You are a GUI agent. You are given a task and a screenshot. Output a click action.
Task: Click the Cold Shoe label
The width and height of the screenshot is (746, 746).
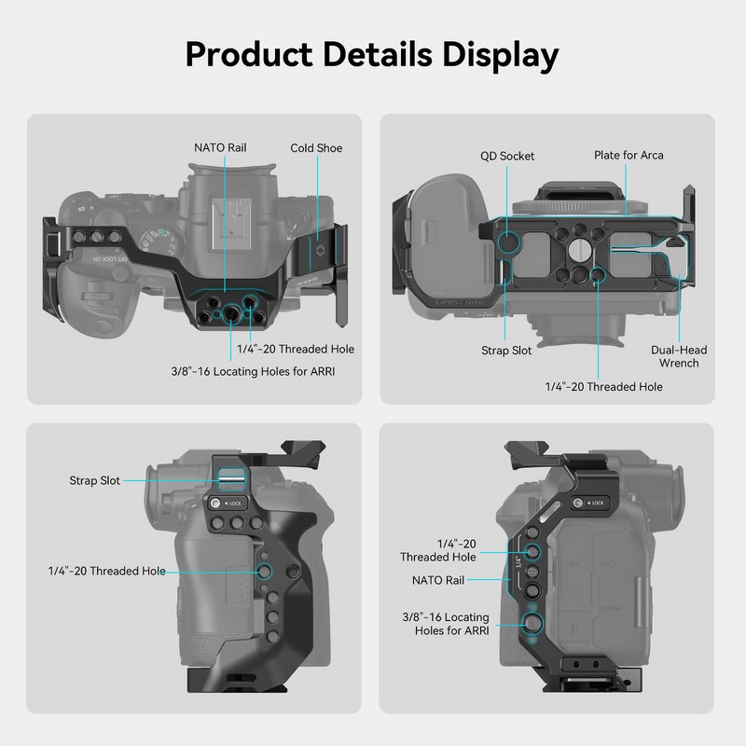[316, 148]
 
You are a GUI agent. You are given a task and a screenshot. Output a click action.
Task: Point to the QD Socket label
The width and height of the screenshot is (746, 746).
[507, 156]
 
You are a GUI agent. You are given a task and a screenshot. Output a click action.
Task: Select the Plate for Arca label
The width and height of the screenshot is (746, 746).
[629, 155]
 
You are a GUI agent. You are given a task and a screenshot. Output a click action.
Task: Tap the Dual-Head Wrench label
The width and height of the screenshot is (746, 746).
[679, 356]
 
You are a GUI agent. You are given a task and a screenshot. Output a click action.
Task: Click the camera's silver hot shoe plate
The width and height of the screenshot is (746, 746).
[223, 220]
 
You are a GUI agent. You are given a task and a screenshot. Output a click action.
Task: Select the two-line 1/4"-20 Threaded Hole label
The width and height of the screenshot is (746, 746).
[438, 550]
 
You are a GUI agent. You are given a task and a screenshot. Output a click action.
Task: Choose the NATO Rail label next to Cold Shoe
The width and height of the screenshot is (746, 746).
[220, 147]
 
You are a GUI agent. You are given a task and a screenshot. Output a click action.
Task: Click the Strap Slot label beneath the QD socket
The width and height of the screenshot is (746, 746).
[507, 351]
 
